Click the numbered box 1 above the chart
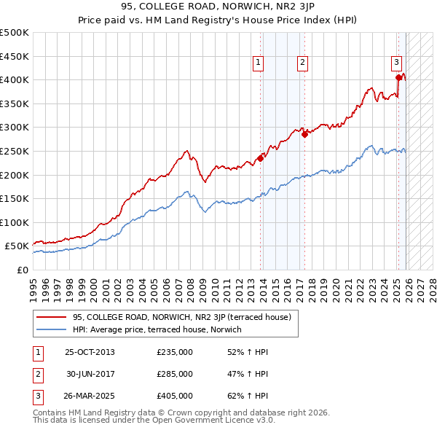[259, 63]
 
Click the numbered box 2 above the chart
[302, 63]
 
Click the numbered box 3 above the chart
[396, 63]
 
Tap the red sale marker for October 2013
[260, 158]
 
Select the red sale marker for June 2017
[304, 134]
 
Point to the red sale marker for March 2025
[398, 77]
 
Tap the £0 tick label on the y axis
[21, 270]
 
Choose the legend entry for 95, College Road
[181, 317]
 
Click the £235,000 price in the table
[175, 352]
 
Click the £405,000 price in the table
[175, 396]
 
